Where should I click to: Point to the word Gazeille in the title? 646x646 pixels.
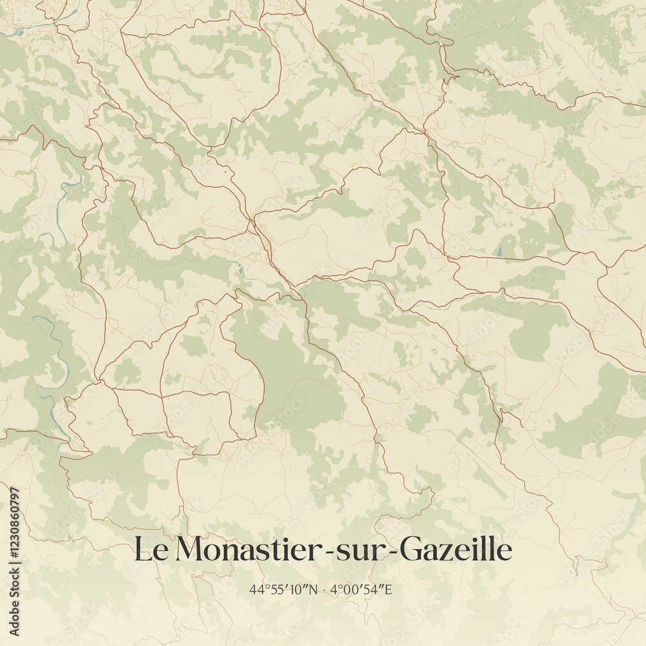pos(455,550)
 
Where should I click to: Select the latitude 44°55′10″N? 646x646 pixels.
pos(284,589)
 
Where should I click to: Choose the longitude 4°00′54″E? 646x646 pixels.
pos(362,589)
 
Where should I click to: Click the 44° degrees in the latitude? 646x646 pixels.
pos(258,589)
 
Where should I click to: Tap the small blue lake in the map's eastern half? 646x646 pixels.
pos(498,251)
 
